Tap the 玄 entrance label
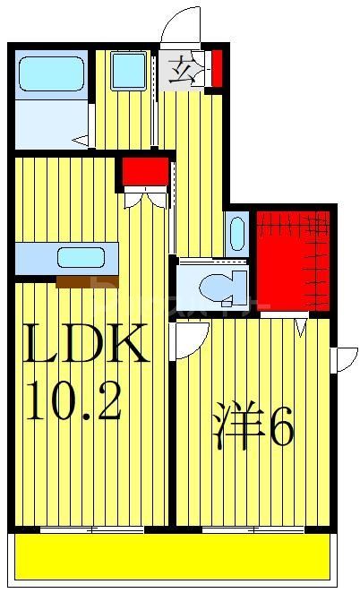click(x=181, y=69)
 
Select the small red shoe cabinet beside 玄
click(x=216, y=69)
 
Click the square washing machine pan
click(x=128, y=70)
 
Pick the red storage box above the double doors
click(x=145, y=170)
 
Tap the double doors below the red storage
click(x=145, y=197)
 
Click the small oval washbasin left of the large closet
click(x=237, y=233)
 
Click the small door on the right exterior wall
click(x=343, y=358)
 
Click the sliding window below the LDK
click(x=90, y=530)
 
